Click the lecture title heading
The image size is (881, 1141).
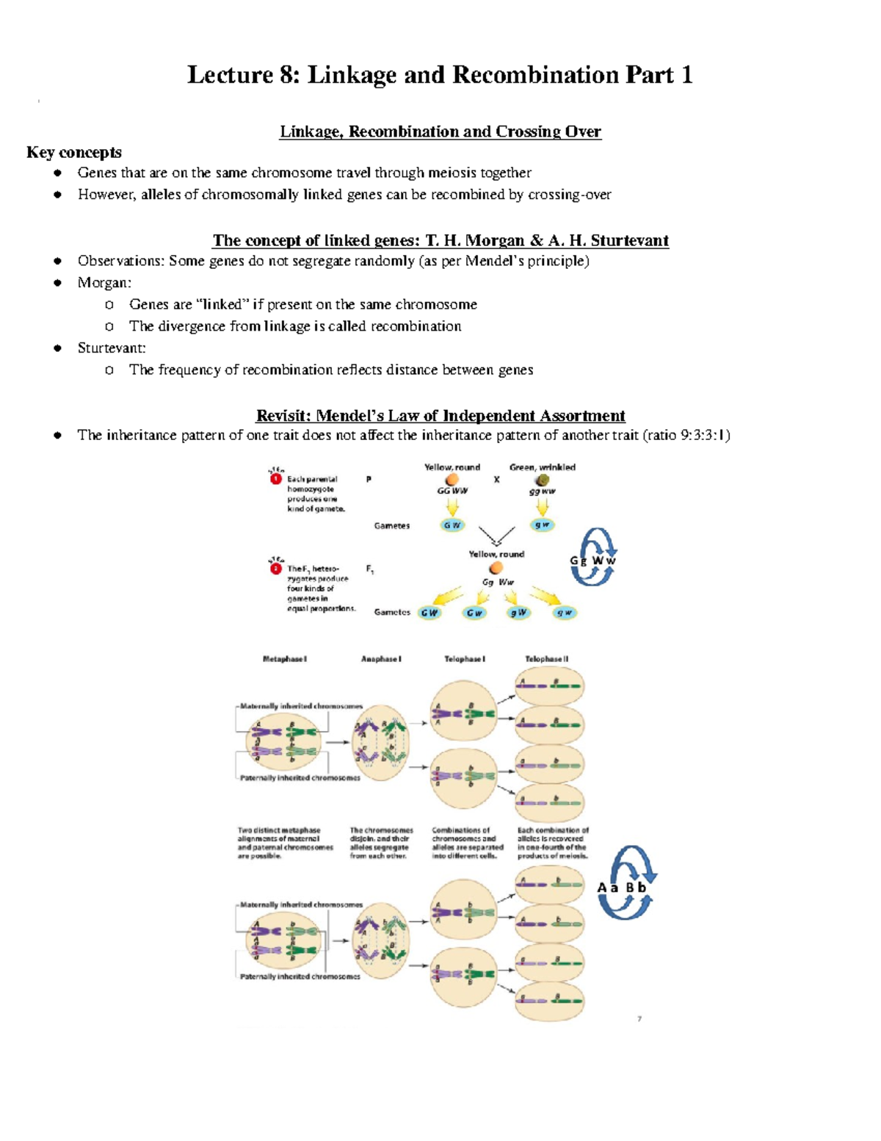(x=440, y=75)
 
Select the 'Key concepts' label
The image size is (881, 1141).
(x=74, y=152)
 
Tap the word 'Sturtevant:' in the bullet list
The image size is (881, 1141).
(x=112, y=348)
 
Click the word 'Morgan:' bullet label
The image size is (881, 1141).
(x=104, y=283)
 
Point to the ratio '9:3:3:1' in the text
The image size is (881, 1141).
(x=703, y=435)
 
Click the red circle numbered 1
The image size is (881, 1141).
(x=276, y=479)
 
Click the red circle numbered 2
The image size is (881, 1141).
(x=276, y=569)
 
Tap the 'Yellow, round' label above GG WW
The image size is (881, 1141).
(x=452, y=467)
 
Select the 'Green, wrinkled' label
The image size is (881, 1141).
(x=543, y=467)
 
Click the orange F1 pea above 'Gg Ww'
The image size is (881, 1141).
(x=496, y=568)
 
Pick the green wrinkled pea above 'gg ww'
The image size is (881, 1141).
(x=543, y=480)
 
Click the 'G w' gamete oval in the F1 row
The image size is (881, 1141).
(x=475, y=613)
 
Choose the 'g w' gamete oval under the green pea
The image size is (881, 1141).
(x=543, y=525)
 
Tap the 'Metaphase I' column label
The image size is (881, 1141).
(x=285, y=659)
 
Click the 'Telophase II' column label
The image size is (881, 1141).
(x=546, y=659)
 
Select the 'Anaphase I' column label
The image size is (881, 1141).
(x=381, y=659)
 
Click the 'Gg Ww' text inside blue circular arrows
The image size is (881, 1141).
(x=593, y=561)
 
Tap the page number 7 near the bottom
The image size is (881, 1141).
(x=639, y=1019)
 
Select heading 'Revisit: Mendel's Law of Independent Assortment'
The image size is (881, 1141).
(x=440, y=415)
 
